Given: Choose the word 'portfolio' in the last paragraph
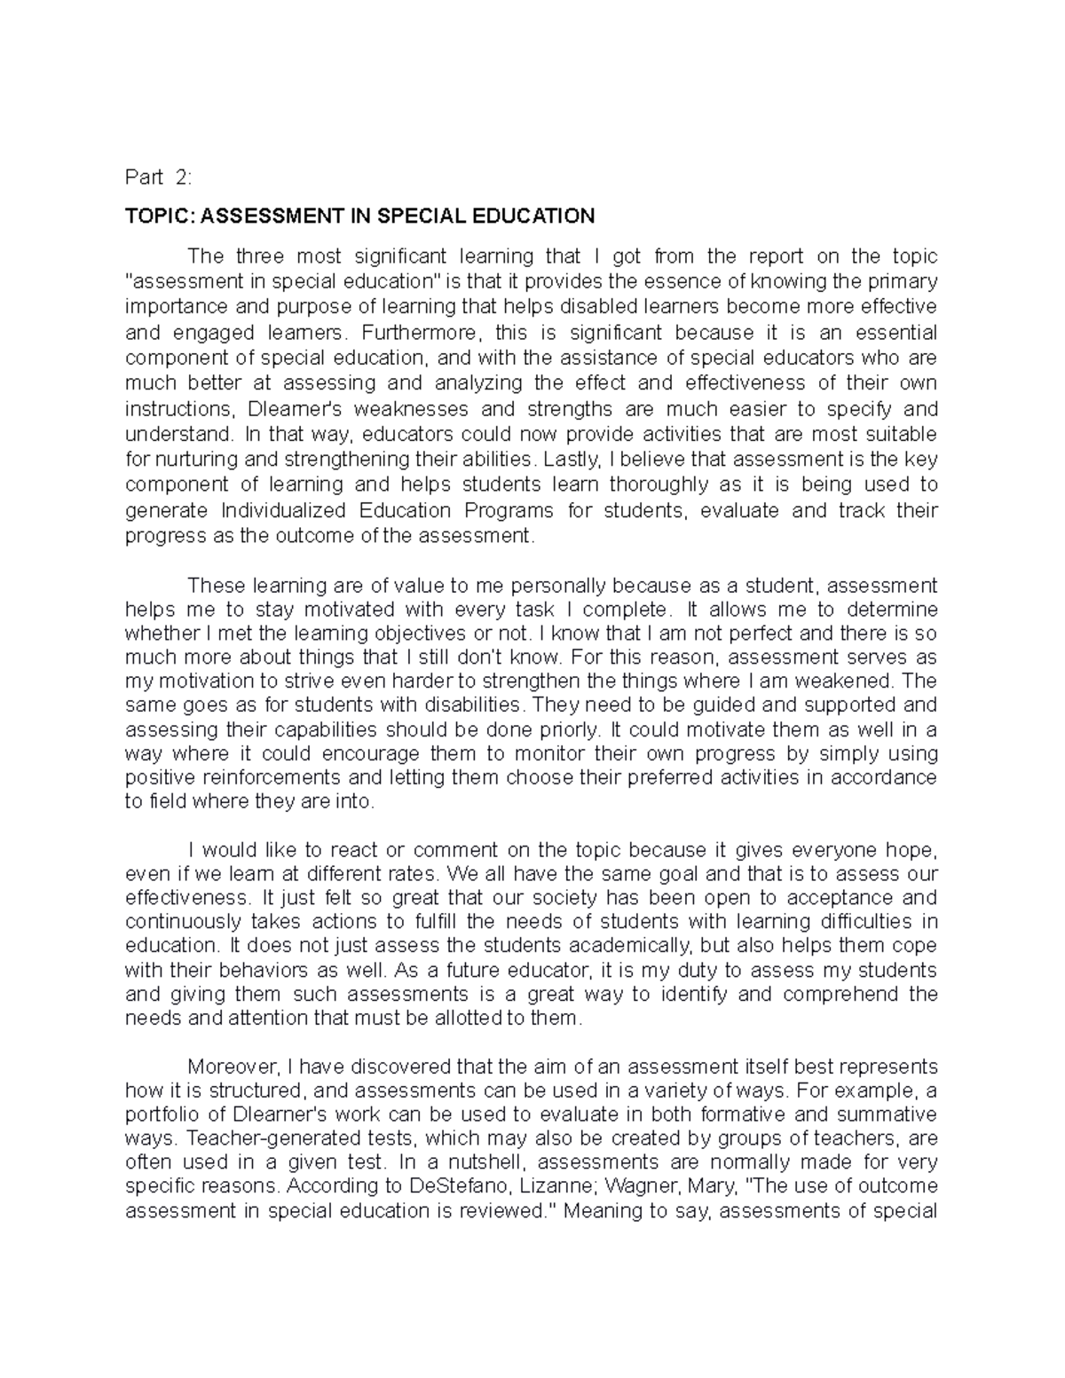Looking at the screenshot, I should (158, 1114).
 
